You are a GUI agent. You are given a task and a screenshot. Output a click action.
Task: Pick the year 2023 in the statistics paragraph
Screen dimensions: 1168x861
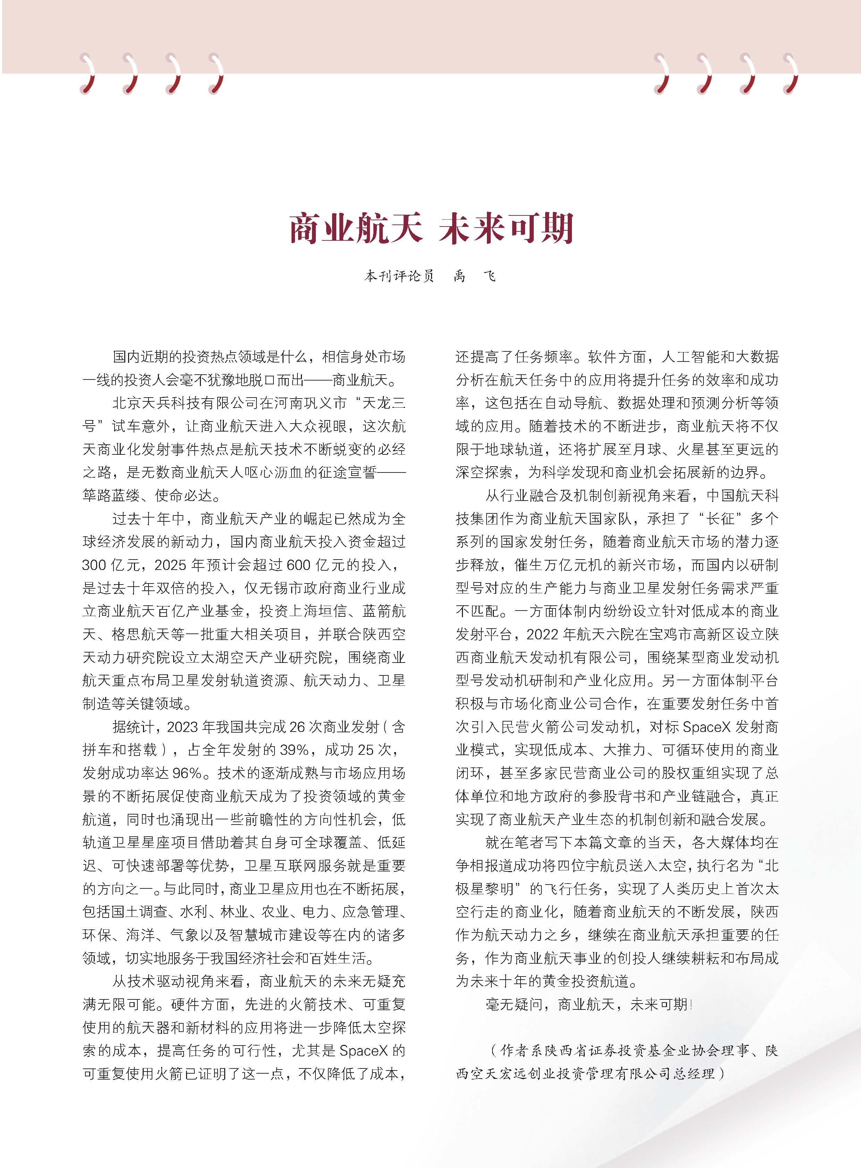184,727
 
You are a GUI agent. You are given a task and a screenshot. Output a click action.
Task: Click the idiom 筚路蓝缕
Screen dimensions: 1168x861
111,495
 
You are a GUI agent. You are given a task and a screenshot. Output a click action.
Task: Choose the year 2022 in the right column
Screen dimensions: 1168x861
542,634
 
